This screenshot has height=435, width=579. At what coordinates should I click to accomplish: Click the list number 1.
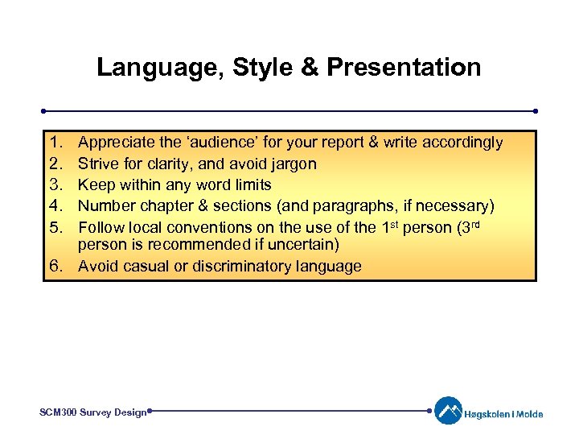click(x=55, y=143)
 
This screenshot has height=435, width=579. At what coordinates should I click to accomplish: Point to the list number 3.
click(x=55, y=184)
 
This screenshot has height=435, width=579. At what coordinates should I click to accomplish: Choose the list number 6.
click(x=55, y=267)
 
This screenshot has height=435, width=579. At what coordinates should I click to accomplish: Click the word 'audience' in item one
click(x=222, y=143)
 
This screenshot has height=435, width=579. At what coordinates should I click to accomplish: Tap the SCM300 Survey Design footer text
click(x=92, y=412)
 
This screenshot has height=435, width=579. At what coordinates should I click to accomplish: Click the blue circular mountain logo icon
click(x=449, y=411)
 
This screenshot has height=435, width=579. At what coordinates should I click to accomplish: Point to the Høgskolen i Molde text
click(x=503, y=414)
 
